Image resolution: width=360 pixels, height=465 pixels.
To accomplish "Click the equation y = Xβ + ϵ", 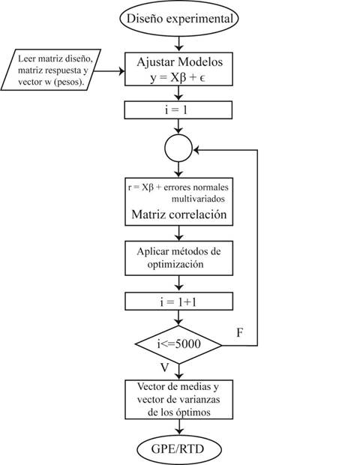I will click(178, 74).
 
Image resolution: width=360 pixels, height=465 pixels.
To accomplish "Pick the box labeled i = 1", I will click(178, 111).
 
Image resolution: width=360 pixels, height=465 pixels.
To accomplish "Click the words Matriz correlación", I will click(178, 215).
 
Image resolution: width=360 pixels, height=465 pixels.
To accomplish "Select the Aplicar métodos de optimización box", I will click(178, 257).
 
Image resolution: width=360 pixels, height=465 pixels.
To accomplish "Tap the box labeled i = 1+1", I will click(178, 302).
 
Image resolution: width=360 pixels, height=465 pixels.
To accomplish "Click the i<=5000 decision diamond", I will click(178, 346).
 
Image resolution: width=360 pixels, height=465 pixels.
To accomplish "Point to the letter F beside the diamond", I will click(239, 331).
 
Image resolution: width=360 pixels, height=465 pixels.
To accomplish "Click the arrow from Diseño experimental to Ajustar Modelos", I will click(178, 42).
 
